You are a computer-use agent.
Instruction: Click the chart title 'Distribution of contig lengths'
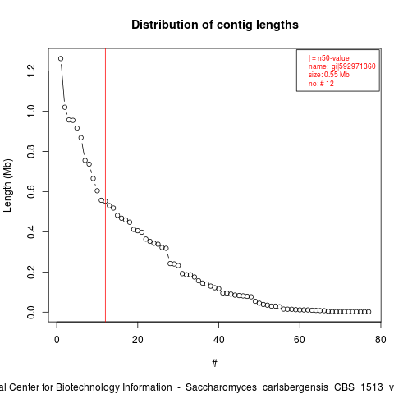point(215,25)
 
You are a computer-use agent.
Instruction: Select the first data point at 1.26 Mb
point(61,58)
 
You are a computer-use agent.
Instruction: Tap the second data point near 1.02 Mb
point(65,108)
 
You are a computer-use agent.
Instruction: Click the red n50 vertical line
point(105,185)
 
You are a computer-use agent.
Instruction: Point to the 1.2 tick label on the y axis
point(31,71)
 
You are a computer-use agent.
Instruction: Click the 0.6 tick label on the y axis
point(31,191)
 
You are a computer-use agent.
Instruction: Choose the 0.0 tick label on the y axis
point(31,312)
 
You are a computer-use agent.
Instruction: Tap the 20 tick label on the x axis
point(138,340)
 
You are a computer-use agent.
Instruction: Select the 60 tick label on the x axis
point(300,340)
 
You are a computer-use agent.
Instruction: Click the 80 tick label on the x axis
point(381,340)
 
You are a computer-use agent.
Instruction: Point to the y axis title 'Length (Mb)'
point(7,186)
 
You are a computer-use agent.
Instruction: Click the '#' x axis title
point(214,364)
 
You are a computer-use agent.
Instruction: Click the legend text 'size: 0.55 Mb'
point(329,75)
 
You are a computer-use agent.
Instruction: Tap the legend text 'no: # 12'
point(321,84)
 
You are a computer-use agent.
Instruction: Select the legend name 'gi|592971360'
point(354,66)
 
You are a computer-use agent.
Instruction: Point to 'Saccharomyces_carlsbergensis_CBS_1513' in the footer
point(285,387)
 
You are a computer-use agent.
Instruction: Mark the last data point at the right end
point(369,312)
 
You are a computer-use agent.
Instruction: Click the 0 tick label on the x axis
point(57,340)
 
